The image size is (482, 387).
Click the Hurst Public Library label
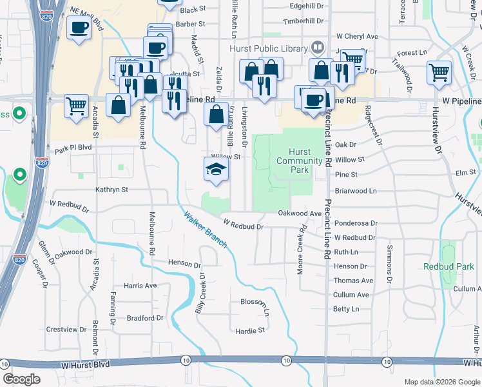269,48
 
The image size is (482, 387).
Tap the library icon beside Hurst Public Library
317,47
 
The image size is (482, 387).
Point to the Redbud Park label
449,266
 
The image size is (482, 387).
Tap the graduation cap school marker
217,170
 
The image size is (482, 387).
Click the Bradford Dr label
145,318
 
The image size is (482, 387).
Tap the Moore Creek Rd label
300,253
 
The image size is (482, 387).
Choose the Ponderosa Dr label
356,223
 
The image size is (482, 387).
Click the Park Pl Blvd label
74,150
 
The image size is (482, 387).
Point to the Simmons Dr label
389,264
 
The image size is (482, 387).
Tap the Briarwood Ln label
355,191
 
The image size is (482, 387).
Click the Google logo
21,379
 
